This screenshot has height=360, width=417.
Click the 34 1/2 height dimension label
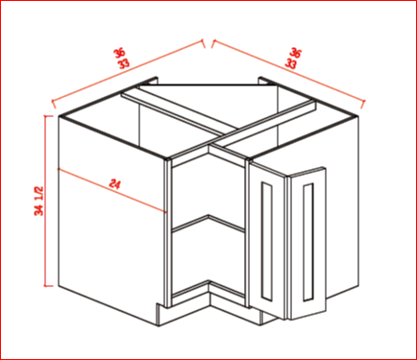[39, 201]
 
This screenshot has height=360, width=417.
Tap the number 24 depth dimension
[114, 184]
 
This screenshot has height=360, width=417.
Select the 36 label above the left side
[119, 53]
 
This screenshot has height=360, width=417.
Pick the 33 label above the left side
[124, 63]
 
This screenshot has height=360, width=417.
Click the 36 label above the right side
[295, 53]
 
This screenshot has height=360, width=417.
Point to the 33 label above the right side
[290, 63]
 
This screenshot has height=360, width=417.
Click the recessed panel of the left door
[266, 241]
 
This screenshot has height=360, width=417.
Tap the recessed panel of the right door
[308, 242]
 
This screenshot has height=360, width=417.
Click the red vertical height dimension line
[48, 201]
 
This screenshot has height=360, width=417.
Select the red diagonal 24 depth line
[112, 190]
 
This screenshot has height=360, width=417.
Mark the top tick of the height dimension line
[48, 115]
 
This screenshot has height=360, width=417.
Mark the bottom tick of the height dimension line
[48, 286]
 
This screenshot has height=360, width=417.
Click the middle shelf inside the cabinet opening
[208, 224]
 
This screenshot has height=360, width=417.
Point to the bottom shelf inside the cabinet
[208, 288]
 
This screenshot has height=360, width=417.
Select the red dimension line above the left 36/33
[128, 74]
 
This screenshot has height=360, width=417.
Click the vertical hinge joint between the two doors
[287, 247]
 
